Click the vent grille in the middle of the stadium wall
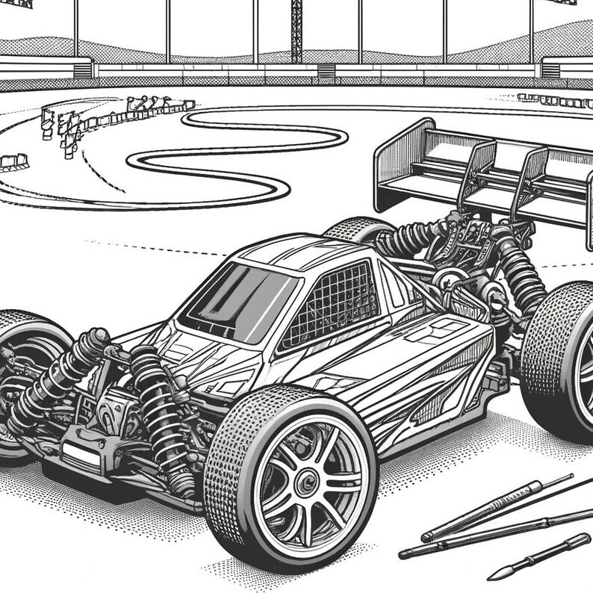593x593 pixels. [326, 70]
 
